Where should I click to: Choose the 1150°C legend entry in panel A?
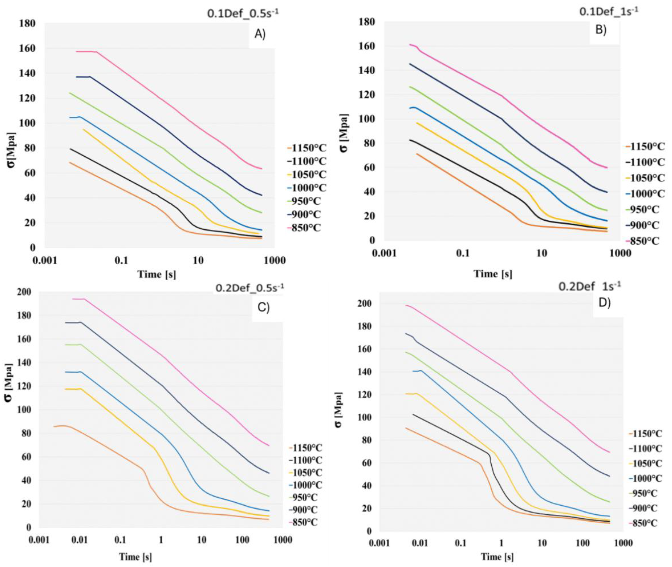pos(307,148)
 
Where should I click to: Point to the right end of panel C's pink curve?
pos(268,445)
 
